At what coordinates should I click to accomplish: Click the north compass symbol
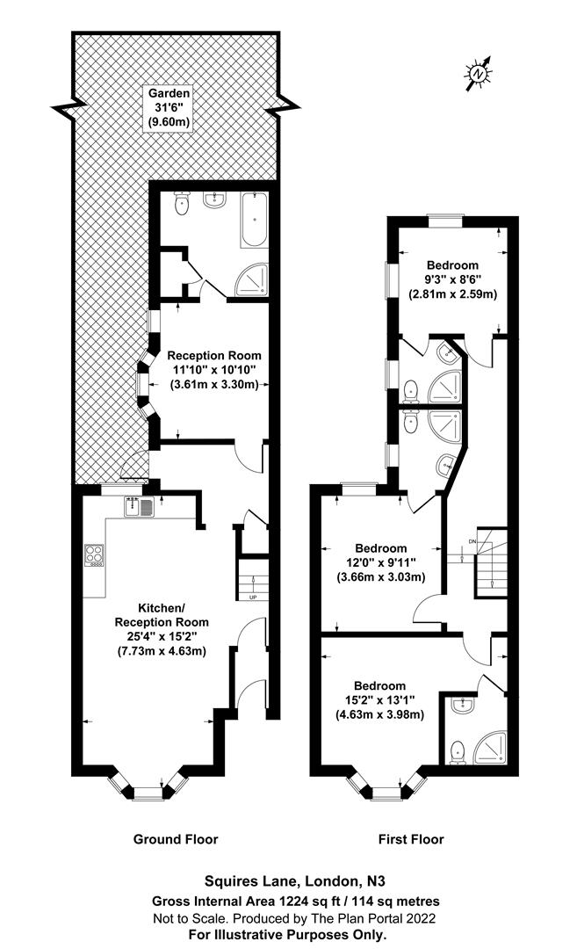click(x=478, y=74)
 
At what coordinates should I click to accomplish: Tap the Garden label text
click(x=169, y=93)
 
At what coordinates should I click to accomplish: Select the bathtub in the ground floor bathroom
click(x=254, y=220)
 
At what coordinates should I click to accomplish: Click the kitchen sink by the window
click(x=140, y=506)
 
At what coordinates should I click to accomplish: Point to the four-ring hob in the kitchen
click(x=94, y=554)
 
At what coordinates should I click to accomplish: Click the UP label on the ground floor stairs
click(x=252, y=598)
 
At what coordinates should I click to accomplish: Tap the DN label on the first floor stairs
click(x=472, y=540)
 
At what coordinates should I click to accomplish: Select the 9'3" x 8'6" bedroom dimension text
click(x=452, y=279)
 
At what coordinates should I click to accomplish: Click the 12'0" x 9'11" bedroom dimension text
click(x=381, y=563)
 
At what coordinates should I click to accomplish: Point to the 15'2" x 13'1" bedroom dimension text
click(x=379, y=700)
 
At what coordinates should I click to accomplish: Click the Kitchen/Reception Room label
click(x=162, y=615)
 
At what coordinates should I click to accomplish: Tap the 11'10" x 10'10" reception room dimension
click(x=213, y=369)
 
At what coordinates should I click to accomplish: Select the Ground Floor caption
click(x=176, y=839)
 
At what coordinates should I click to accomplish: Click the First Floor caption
click(x=411, y=839)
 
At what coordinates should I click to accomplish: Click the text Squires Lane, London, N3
click(x=294, y=880)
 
